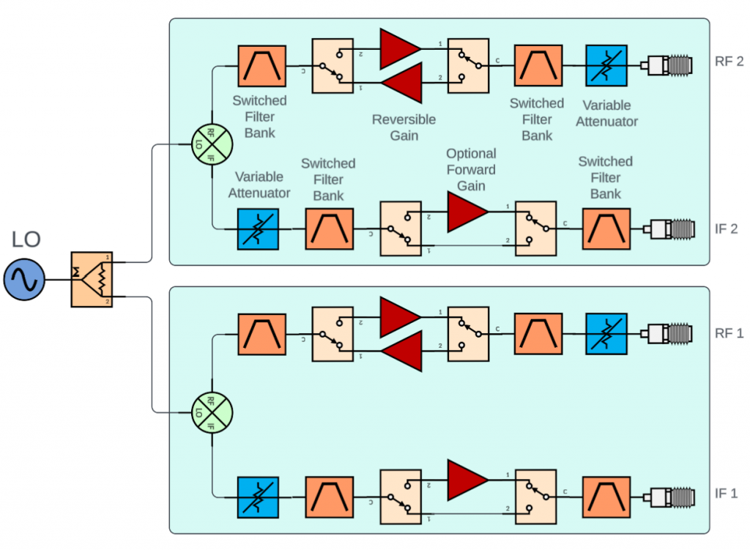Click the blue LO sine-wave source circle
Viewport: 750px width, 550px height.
click(x=24, y=279)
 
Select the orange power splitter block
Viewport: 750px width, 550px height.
click(x=92, y=279)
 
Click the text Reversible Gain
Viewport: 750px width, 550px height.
click(x=404, y=127)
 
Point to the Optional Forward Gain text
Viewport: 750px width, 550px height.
click(x=471, y=170)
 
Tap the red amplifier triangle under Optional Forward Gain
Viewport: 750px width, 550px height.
click(x=467, y=211)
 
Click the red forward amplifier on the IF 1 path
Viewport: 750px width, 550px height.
click(x=467, y=478)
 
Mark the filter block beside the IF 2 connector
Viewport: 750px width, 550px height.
click(x=606, y=228)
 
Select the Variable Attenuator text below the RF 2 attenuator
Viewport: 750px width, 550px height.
click(x=606, y=114)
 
